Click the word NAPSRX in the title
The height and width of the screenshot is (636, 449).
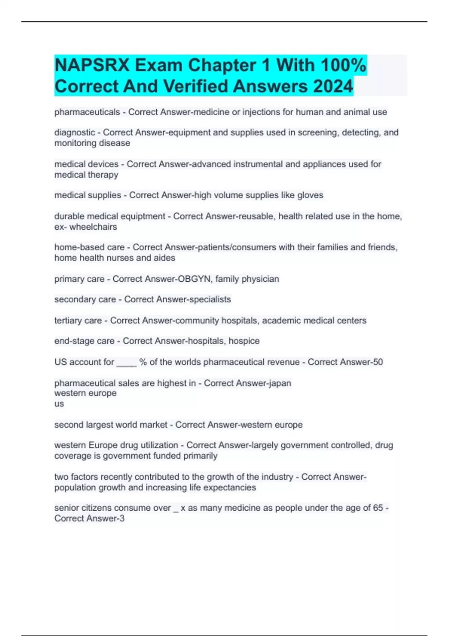coord(92,65)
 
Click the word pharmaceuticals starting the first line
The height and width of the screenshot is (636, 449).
coord(87,112)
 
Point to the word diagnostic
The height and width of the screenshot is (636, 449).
coord(75,132)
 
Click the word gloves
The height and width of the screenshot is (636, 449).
coord(310,195)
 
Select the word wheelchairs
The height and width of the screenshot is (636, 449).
coord(93,227)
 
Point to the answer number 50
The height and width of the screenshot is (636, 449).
coord(378,362)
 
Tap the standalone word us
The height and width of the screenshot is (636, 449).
coord(59,404)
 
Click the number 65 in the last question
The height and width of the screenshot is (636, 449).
coord(378,508)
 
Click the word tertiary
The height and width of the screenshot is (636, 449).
coord(67,321)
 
